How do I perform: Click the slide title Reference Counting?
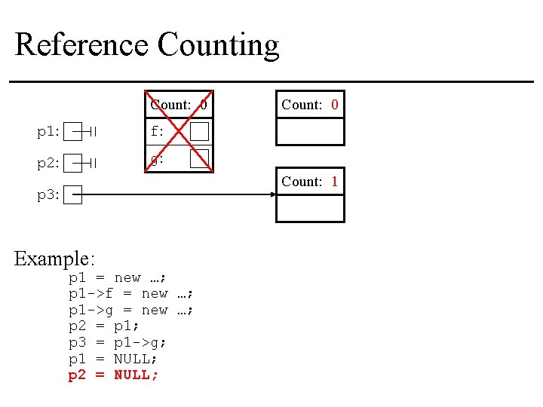click(147, 44)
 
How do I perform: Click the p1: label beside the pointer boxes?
click(48, 132)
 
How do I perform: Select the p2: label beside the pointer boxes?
click(48, 163)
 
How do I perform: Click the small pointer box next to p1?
click(72, 132)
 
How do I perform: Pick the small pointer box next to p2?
click(72, 163)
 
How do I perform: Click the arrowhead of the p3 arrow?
click(273, 194)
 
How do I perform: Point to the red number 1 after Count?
click(334, 182)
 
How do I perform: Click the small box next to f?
click(199, 132)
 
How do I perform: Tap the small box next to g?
click(199, 158)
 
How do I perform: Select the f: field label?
click(157, 132)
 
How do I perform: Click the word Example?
click(54, 259)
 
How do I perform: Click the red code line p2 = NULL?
click(113, 375)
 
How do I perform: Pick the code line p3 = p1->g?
click(118, 342)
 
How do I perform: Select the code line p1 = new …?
click(118, 277)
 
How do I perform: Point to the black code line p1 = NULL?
click(113, 359)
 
